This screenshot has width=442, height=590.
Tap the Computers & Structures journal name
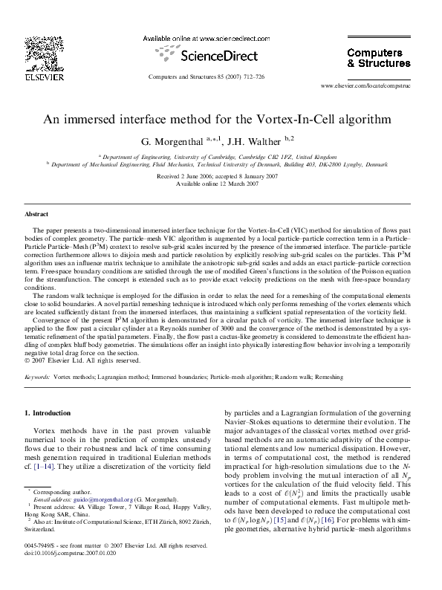378,57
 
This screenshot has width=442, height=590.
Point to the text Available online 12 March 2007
221,183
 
